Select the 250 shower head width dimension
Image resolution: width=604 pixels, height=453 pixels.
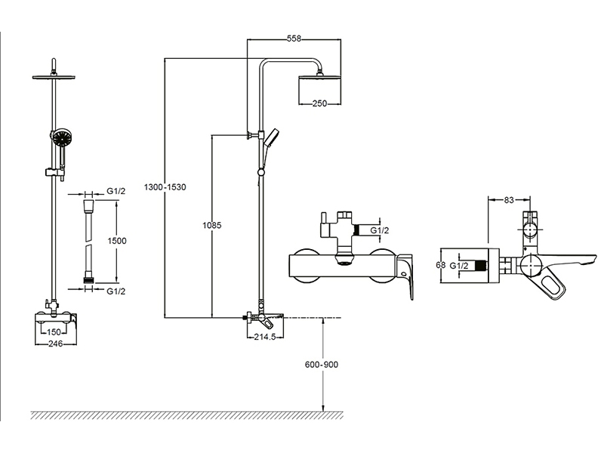point(319,104)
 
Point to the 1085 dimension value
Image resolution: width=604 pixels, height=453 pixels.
point(212,224)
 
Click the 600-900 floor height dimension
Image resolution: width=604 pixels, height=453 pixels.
point(322,365)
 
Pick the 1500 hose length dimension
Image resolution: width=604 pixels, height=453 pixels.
point(117,240)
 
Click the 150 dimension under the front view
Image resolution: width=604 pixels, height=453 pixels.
point(54,331)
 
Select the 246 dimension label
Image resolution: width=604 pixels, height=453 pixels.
point(54,344)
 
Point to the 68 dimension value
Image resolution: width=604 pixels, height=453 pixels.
point(440,265)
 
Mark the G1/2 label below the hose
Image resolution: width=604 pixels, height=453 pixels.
point(116,291)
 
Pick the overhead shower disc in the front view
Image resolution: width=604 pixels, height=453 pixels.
point(54,75)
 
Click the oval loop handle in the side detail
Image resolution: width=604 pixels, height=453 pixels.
point(553,284)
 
